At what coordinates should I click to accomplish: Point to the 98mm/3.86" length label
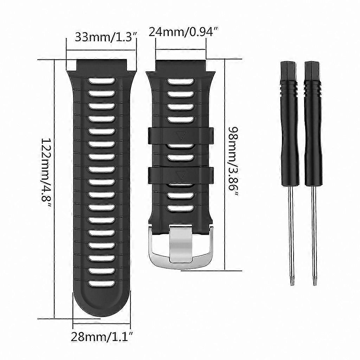click(232, 162)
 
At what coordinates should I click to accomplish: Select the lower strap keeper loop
click(181, 175)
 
